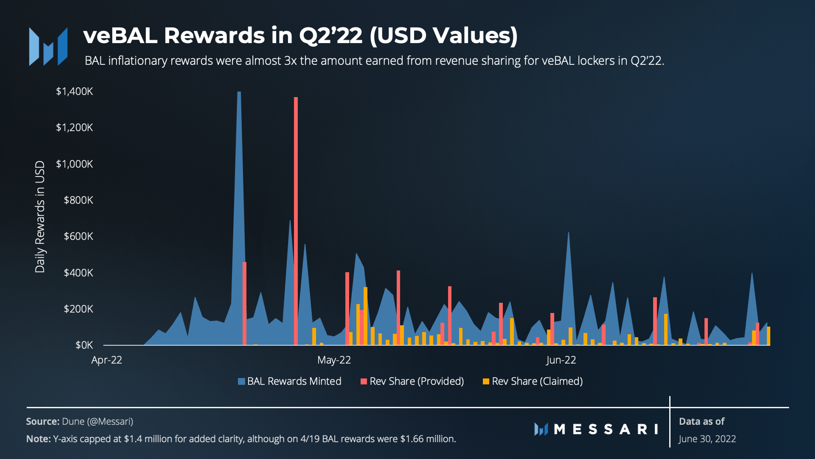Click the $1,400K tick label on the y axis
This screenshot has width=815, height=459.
74,91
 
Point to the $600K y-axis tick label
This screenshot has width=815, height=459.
78,237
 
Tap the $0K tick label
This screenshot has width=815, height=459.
84,345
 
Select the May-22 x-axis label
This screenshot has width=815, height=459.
334,360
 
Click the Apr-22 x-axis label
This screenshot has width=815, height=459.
107,360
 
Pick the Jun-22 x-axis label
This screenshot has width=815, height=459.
561,360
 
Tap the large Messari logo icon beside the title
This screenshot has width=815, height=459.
48,46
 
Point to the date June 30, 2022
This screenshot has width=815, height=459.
707,439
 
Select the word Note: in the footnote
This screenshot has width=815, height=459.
38,439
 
